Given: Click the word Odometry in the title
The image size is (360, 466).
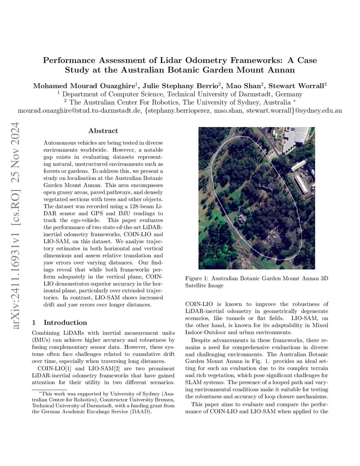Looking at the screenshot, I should tap(204, 60).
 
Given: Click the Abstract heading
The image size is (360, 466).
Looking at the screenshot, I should tap(103, 131).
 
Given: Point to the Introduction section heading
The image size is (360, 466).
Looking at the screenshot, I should tap(65, 323).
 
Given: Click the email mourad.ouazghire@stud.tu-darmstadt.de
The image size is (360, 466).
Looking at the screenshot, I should tap(79, 110).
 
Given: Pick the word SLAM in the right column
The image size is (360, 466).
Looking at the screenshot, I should tap(193, 382).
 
